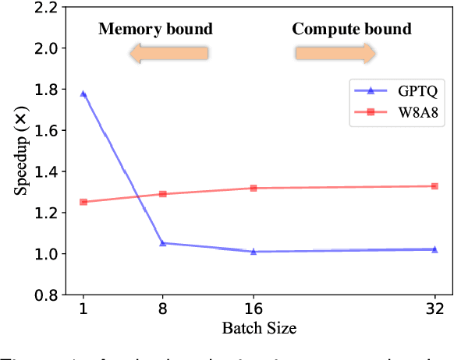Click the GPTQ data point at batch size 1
[83, 94]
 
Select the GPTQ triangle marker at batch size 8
[163, 243]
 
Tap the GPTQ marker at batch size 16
[254, 251]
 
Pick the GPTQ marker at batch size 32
[434, 249]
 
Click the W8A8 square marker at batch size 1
[83, 202]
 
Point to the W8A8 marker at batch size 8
[163, 194]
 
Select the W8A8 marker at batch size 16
[254, 188]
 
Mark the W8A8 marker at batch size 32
[434, 186]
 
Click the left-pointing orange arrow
[168, 53]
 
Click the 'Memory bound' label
[154, 30]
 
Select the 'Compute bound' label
[351, 30]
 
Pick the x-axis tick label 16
[254, 309]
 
